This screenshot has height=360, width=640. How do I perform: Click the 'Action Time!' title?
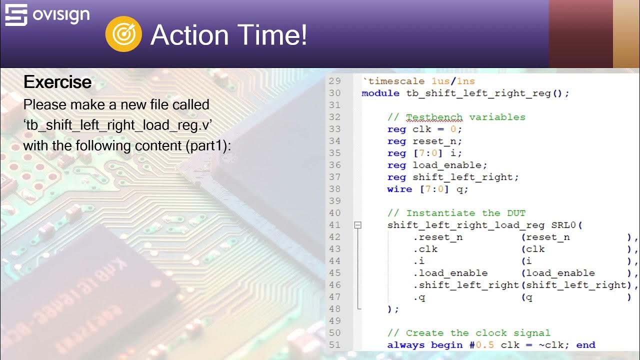[229, 35]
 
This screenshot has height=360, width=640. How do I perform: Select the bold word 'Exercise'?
[57, 82]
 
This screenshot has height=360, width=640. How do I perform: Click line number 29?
[334, 81]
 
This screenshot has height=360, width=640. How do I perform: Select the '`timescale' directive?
[383, 81]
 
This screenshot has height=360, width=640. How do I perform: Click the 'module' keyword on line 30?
[380, 93]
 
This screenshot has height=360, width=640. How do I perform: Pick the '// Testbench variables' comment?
[456, 117]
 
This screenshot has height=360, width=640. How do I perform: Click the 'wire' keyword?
[399, 189]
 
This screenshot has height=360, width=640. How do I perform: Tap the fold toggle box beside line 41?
[357, 225]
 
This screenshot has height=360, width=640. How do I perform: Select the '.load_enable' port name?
[450, 273]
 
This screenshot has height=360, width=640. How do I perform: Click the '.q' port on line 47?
[418, 297]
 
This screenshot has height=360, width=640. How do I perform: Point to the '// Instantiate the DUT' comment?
[456, 213]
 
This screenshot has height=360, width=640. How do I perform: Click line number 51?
[334, 345]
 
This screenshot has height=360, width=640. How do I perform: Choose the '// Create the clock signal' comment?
[468, 333]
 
